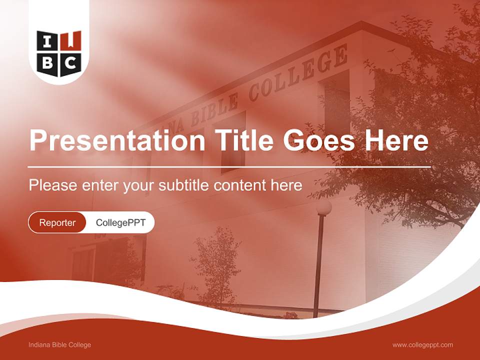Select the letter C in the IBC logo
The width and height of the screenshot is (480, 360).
coord(70,62)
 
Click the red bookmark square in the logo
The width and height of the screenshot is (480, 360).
coord(70,41)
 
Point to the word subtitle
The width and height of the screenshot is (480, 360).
coord(184,185)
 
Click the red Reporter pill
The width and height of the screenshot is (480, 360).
coord(57,222)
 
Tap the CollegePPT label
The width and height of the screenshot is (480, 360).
coord(120,222)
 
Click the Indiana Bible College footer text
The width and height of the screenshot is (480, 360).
coord(60,344)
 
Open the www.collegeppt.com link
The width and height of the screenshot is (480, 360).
coord(422,344)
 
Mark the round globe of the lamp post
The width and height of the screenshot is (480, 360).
coord(323,206)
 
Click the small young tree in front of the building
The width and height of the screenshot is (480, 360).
coord(216,265)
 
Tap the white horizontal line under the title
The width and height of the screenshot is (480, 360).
coord(229,166)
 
